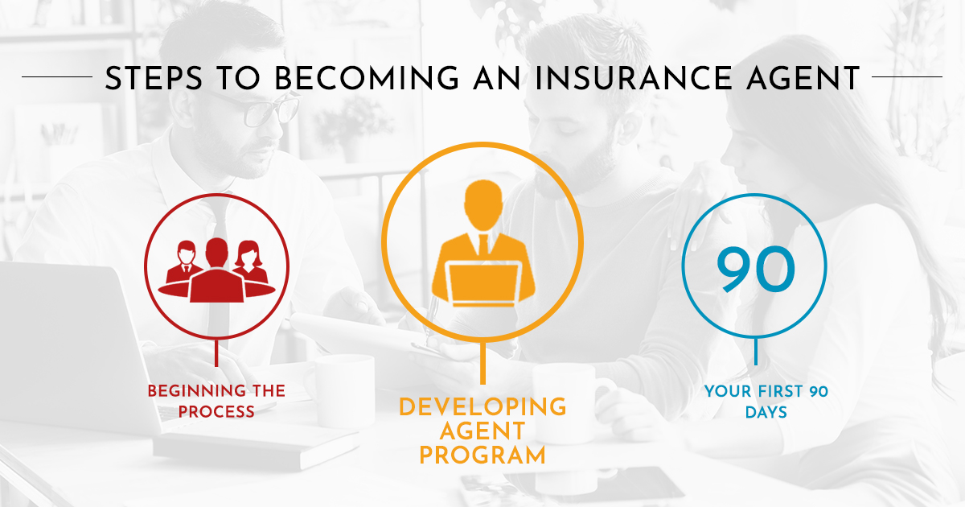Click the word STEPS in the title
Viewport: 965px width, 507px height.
click(x=154, y=78)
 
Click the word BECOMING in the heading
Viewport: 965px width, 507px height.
click(x=367, y=78)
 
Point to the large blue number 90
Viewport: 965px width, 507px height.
click(x=756, y=269)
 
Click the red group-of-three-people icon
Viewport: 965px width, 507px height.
click(x=216, y=270)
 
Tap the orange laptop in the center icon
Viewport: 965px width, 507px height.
click(x=483, y=284)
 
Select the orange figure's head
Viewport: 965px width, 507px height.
click(x=483, y=205)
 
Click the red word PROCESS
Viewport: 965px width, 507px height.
click(x=216, y=412)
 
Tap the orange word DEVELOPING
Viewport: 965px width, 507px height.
click(x=482, y=407)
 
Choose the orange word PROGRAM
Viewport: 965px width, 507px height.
click(x=482, y=455)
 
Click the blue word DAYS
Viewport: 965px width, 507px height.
click(x=766, y=412)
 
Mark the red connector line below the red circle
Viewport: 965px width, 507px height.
click(x=216, y=352)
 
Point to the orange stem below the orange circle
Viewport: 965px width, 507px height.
click(x=482, y=363)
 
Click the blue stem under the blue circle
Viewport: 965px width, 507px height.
click(x=756, y=352)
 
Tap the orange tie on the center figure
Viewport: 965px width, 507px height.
click(x=483, y=245)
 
